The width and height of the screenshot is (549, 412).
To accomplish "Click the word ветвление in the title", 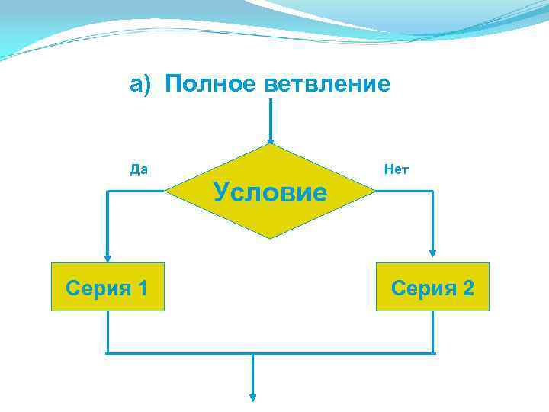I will point(328,84).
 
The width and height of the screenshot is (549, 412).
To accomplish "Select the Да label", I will point(139,169).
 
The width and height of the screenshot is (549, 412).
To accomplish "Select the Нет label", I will point(396,169).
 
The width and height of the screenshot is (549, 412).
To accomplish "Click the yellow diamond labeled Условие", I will point(270,192).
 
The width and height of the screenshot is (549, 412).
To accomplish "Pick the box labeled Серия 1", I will point(108,287).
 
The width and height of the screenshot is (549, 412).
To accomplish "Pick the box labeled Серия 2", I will point(432,287).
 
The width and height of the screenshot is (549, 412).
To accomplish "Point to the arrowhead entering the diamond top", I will point(270,140).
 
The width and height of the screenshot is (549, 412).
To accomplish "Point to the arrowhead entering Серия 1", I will point(108,258).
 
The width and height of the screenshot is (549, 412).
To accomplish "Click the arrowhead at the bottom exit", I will point(253,397).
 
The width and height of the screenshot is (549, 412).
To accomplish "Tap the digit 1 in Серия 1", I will point(141,288).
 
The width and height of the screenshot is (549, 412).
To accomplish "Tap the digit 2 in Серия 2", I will point(467,288).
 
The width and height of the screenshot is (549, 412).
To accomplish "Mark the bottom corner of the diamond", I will point(270,238).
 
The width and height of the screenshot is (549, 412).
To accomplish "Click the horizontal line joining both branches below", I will point(270,353).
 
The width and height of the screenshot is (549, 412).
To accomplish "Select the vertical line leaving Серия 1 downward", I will point(108,332).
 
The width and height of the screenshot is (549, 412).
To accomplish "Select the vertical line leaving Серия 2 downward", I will point(433,332).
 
